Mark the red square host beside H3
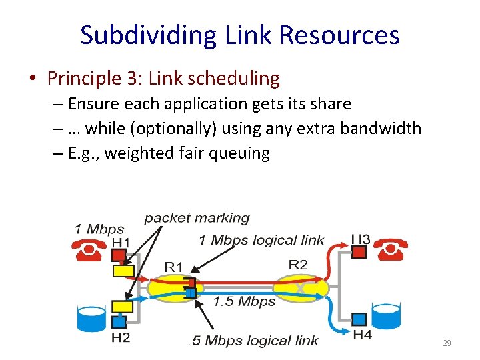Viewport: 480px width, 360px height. click(x=359, y=252)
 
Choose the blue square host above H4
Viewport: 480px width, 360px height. click(x=359, y=319)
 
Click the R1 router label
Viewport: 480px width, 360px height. click(x=174, y=267)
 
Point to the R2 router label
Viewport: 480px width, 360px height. click(x=298, y=265)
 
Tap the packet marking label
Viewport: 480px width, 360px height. click(x=197, y=218)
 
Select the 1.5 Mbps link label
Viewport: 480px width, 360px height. click(x=244, y=301)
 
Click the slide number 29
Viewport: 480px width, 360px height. click(x=447, y=343)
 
